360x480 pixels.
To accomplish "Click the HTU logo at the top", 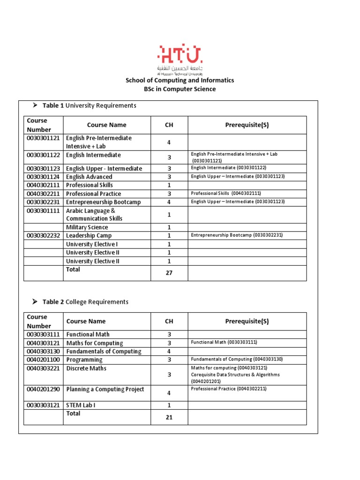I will [180, 58].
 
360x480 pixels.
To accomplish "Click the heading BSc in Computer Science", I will [180, 89].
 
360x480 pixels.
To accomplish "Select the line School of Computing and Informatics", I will [180, 80].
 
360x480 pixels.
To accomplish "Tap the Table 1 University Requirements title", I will [89, 105].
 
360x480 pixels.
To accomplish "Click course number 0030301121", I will [44, 138].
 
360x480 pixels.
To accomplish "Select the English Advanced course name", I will [89, 177].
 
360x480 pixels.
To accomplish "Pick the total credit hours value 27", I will [169, 273].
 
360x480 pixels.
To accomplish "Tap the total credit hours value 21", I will [169, 417].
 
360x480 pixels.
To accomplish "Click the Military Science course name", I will [87, 227].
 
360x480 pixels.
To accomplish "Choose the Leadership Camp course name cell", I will [89, 236].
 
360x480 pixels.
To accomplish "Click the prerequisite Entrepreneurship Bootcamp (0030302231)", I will [237, 235].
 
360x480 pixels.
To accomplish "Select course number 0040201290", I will [44, 390].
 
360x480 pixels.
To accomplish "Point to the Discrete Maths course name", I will [86, 368].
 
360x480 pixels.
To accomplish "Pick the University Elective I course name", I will [92, 244].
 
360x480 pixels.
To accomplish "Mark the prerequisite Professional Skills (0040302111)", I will [226, 194].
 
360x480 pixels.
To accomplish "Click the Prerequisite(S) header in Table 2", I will [247, 322].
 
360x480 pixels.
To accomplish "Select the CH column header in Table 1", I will [169, 125].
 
